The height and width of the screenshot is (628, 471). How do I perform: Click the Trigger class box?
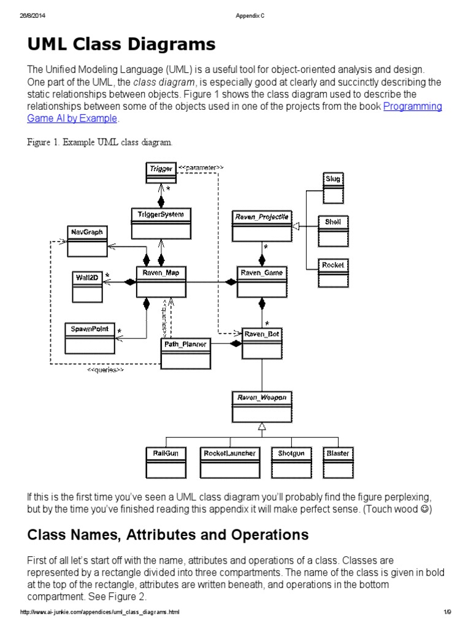point(160,172)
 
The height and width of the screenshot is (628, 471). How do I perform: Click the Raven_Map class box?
point(161,281)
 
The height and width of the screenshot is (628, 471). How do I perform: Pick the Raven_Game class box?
point(262,281)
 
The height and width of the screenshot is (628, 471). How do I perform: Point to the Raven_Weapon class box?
point(262,405)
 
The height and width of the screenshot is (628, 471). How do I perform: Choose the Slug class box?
point(334,187)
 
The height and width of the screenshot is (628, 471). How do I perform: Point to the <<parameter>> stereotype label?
point(201,167)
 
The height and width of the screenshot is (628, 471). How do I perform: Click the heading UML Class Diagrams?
point(121,44)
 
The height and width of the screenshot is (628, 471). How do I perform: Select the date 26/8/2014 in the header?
point(30,16)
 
